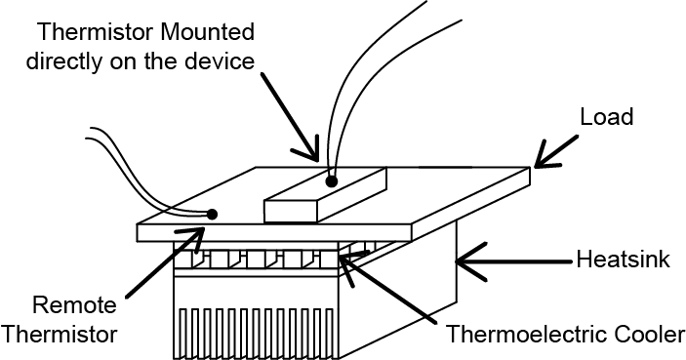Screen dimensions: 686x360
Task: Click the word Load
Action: [x=607, y=117]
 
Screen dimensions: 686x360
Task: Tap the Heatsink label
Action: [x=623, y=259]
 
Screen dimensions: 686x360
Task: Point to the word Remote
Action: [x=75, y=305]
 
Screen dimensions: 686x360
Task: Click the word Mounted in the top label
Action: [x=208, y=32]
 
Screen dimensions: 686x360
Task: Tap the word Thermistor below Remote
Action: [x=60, y=335]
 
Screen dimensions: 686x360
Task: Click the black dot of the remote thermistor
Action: [x=212, y=214]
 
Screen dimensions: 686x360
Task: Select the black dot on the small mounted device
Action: [x=332, y=181]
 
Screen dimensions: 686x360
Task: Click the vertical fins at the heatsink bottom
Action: [x=256, y=334]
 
